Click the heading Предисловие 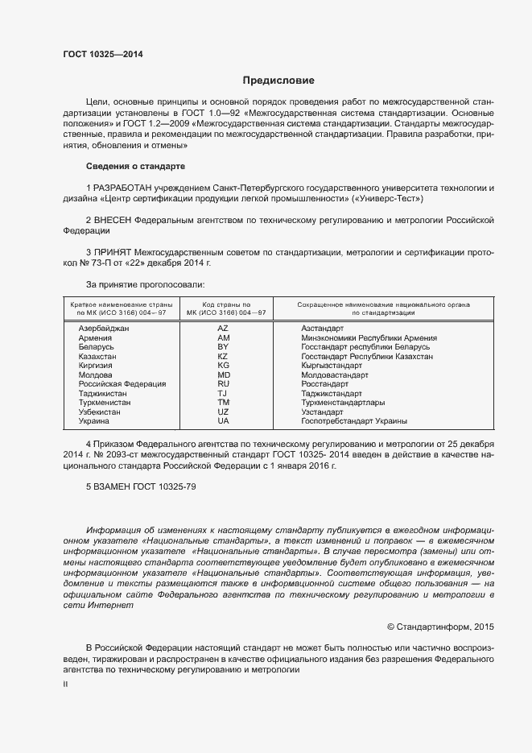coord(278,81)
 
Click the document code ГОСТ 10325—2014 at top coord(103,54)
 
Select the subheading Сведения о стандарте coord(135,166)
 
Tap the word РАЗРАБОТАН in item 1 coord(122,188)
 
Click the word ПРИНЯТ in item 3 coord(113,252)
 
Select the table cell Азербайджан coord(103,329)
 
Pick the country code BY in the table coord(223,347)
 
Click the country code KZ coord(223,356)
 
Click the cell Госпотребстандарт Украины coord(353,421)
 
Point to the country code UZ coord(223,412)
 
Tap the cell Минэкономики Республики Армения coord(369,338)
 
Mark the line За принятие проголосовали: coord(145,284)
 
